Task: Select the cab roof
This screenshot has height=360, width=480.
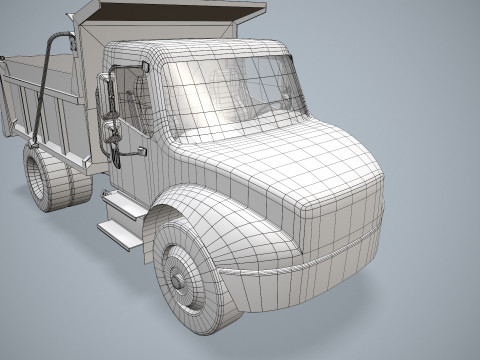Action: click(x=200, y=48)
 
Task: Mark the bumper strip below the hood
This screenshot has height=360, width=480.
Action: click(x=300, y=263)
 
